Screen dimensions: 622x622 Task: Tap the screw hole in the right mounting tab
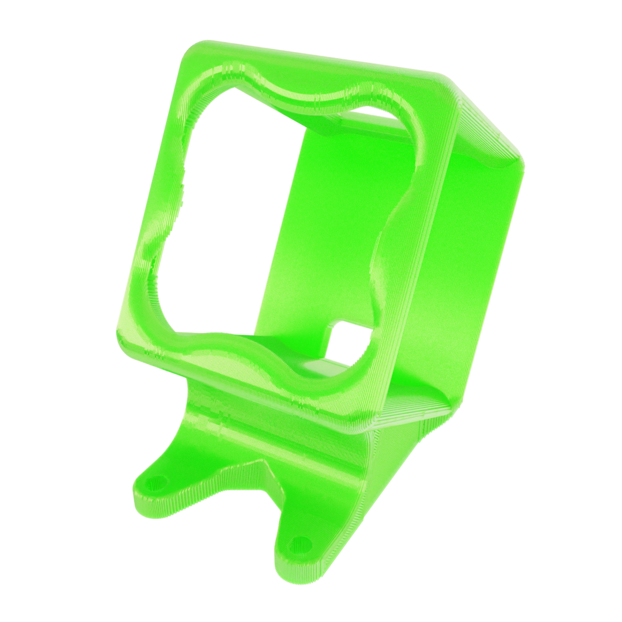(x=298, y=541)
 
